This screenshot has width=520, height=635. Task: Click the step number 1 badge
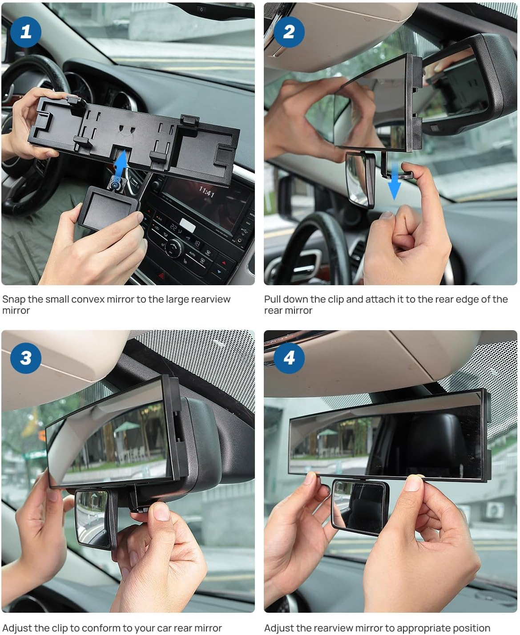pyautogui.click(x=25, y=32)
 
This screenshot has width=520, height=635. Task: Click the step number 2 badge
pyautogui.click(x=289, y=32)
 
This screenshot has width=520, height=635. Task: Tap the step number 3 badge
pyautogui.click(x=26, y=358)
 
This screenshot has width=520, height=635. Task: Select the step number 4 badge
pyautogui.click(x=289, y=358)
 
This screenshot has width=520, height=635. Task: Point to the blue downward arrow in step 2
pyautogui.click(x=394, y=186)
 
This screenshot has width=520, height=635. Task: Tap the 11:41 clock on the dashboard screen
pyautogui.click(x=206, y=192)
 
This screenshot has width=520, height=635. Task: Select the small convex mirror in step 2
pyautogui.click(x=361, y=178)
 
